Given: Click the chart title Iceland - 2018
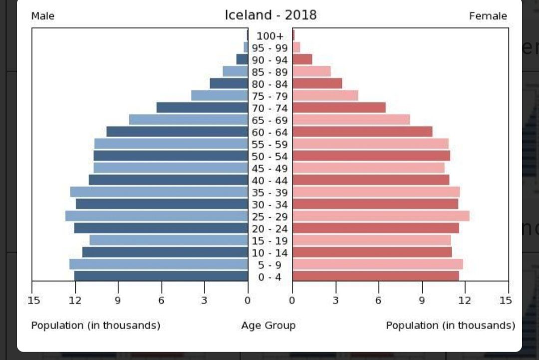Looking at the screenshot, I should pos(270,15).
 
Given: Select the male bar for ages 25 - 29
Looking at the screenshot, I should pos(157,216).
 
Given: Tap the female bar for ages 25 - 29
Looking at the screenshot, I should pos(381,216).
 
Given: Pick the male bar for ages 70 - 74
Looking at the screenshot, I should pos(202,108).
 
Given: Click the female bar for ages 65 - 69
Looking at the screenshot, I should pos(351,120).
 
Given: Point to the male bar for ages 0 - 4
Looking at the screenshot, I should pos(161,276).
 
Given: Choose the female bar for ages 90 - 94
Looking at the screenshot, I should pos(302,59).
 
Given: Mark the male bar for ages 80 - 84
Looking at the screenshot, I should pos(229,83).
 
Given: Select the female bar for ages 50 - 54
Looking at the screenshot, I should pos(371,156).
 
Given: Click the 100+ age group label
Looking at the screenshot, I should pos(270,36).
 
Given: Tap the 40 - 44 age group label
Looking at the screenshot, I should pos(270,180).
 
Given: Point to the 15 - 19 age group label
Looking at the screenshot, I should pos(270,241).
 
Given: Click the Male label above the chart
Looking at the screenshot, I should pos(43,16).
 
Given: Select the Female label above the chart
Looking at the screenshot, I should pos(488,16).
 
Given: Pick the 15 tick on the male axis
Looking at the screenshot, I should pos(33,300).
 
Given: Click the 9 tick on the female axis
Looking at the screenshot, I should pos(422,300).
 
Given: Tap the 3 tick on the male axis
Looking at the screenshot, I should pos(204,300).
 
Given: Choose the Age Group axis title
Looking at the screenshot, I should pos(269,326).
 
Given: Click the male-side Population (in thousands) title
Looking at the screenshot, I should pos(96,326).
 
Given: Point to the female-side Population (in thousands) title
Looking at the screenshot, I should pos(450,326).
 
